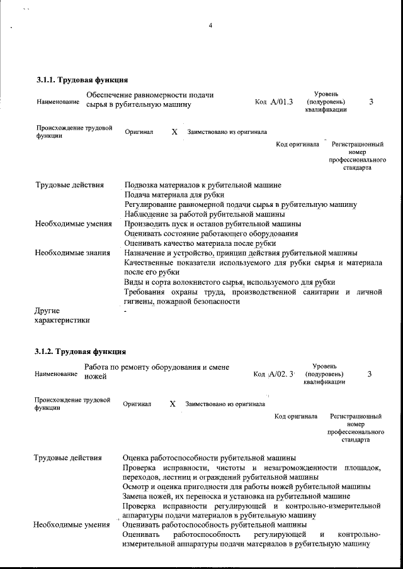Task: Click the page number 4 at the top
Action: (x=210, y=26)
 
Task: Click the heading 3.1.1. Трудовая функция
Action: (x=82, y=80)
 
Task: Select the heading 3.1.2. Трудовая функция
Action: (x=81, y=351)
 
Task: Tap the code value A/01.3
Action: (x=281, y=102)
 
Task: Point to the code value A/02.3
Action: (x=281, y=375)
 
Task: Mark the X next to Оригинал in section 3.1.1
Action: (x=174, y=133)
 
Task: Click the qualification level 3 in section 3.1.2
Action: (x=369, y=374)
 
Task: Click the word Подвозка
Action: (x=142, y=185)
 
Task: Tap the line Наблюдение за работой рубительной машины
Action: (x=205, y=214)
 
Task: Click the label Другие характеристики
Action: (x=62, y=316)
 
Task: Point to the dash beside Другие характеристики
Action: (x=126, y=311)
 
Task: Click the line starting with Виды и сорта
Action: (x=229, y=282)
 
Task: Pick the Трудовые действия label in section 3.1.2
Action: (x=67, y=457)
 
